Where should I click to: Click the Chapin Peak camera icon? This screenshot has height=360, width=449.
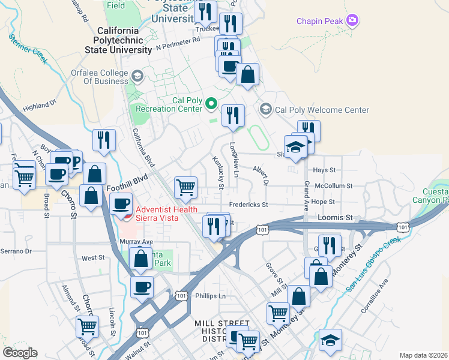[x=352, y=22]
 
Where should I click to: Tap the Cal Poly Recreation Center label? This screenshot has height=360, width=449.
[x=169, y=104]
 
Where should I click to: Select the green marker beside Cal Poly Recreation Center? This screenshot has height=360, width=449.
[x=211, y=104]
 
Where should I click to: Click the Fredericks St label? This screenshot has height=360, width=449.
[x=247, y=205]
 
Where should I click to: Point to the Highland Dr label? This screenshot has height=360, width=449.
[x=39, y=106]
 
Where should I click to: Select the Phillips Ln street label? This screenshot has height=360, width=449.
[x=210, y=296]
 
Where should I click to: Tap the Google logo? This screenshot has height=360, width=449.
[x=20, y=353]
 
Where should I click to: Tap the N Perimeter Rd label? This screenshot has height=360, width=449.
[x=178, y=43]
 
